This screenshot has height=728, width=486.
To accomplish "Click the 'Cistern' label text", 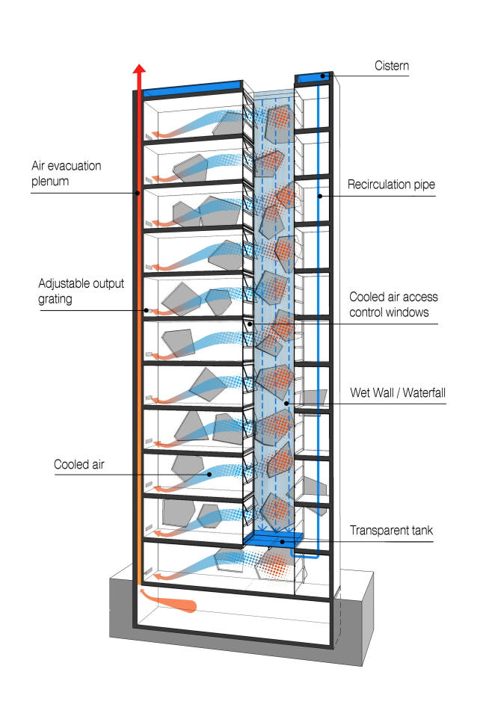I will tap(392, 67).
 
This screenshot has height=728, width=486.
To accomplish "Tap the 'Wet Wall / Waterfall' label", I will tap(398, 392).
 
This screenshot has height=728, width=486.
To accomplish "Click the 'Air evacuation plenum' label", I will tap(66, 173).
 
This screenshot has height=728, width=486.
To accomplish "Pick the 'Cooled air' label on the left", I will tap(79, 464).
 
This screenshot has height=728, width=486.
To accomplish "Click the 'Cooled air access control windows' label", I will tap(390, 305).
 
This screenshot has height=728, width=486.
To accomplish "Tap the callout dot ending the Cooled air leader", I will tap(210, 474).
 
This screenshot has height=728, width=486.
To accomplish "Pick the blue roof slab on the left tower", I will tap(191, 90).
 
